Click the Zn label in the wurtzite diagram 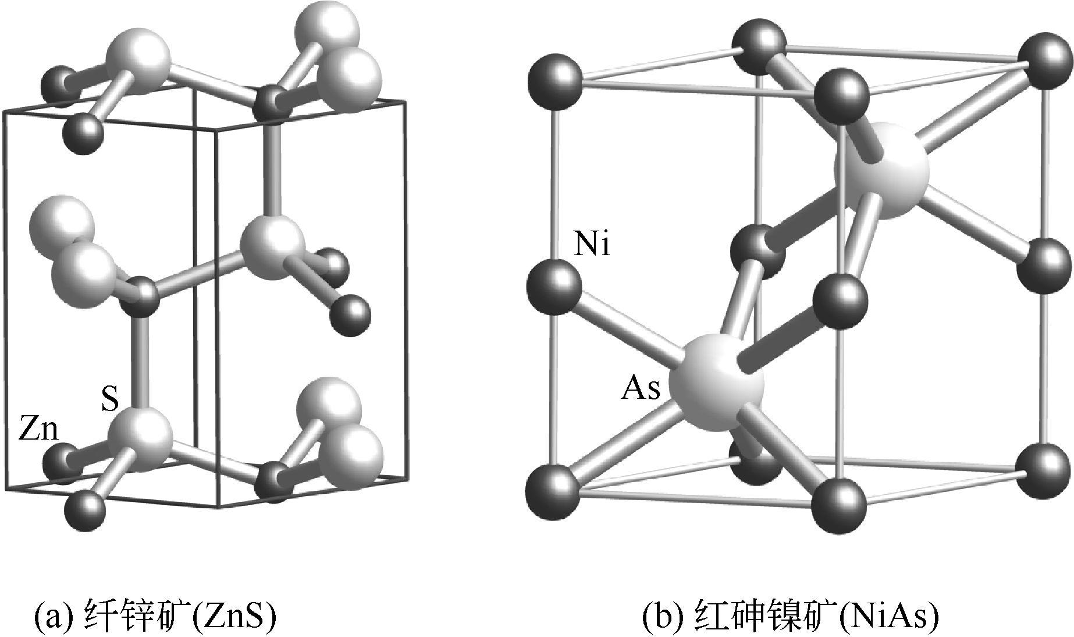(x=39, y=430)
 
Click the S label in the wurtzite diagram (x=110, y=400)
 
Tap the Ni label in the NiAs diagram (x=592, y=245)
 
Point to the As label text (x=641, y=388)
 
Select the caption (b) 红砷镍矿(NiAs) (x=791, y=617)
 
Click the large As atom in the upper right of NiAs (x=881, y=169)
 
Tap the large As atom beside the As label (x=716, y=383)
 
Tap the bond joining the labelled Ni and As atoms (x=628, y=331)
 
